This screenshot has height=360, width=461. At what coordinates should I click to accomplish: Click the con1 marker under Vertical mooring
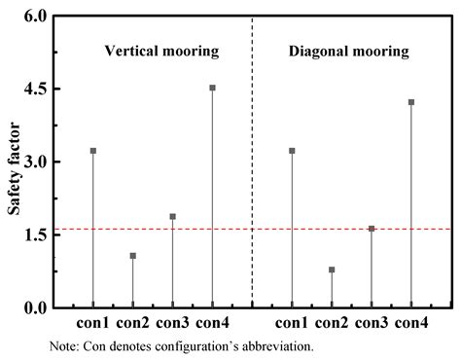click(93, 151)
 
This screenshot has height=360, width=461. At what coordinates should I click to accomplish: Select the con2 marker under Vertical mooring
click(133, 256)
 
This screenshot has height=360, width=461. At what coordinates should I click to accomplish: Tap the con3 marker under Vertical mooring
click(173, 217)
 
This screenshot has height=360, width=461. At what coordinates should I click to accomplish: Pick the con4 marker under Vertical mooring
click(212, 88)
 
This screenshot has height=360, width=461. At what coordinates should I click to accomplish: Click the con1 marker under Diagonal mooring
click(292, 151)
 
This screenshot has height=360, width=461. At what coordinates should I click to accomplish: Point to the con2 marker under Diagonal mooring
click(332, 270)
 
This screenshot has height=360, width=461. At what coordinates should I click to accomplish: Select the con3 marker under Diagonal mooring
click(372, 229)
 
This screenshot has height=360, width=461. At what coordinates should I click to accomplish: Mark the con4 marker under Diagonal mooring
click(411, 102)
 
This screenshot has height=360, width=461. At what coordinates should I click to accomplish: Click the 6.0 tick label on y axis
click(35, 17)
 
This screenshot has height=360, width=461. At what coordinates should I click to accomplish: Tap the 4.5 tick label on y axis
click(35, 90)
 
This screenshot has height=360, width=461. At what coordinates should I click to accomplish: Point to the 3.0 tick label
click(35, 162)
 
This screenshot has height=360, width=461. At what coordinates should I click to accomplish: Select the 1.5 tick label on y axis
click(35, 235)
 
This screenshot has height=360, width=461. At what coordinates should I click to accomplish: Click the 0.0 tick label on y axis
click(35, 308)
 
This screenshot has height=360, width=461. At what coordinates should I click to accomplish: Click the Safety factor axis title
click(14, 162)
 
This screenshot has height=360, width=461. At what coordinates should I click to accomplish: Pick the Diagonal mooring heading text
click(351, 52)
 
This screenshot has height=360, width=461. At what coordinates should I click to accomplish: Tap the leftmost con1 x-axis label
click(93, 323)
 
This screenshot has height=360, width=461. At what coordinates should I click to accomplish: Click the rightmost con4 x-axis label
click(411, 323)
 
